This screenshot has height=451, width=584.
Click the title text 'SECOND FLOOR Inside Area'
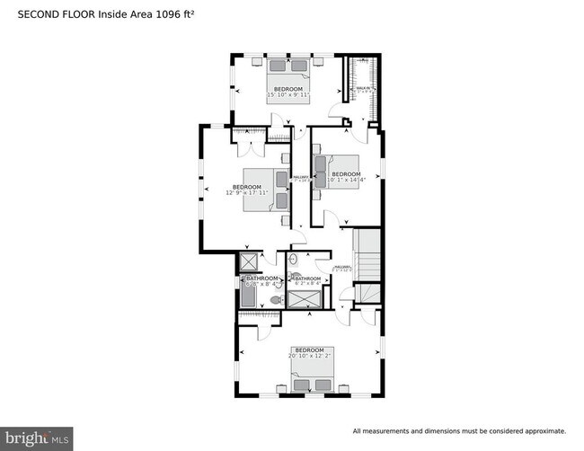point(76,14)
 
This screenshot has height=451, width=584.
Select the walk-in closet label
point(363,89)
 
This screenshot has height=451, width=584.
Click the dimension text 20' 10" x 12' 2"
point(310,356)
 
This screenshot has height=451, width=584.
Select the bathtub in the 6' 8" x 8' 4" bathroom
point(248,295)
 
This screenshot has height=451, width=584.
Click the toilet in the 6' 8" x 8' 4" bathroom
point(276,300)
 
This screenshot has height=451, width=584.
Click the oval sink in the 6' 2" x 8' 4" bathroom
point(293,260)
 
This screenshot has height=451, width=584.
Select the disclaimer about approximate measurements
point(459,430)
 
